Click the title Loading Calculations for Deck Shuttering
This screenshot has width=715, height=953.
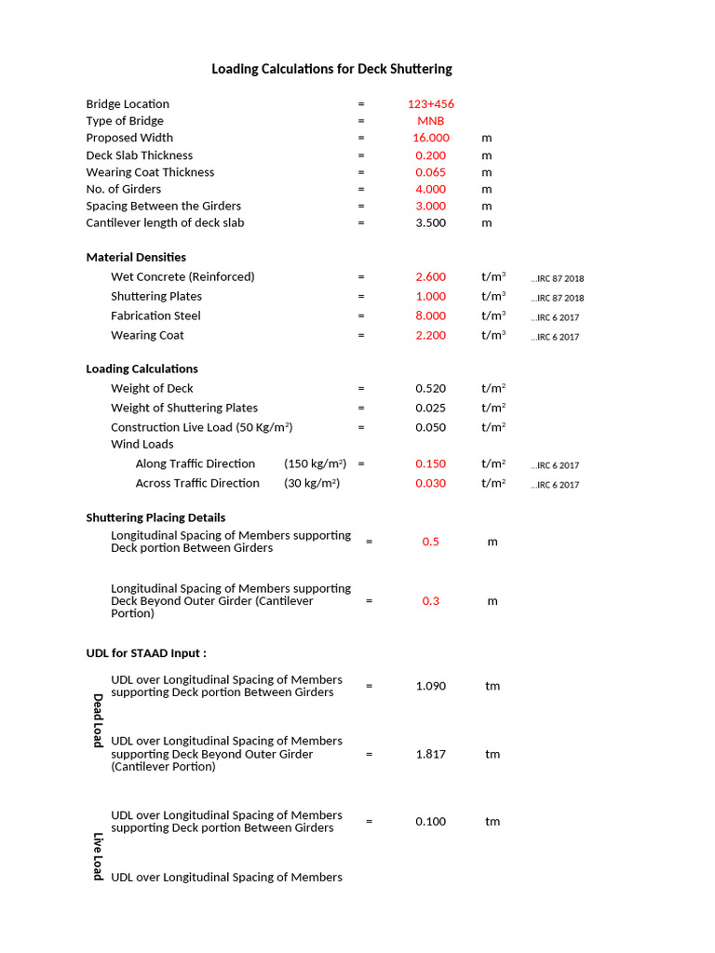coord(331,69)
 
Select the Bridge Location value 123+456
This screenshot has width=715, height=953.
coord(431,104)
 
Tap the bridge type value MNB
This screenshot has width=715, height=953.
coord(431,121)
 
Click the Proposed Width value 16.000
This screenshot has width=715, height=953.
coord(431,138)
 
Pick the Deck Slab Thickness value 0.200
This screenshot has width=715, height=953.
coord(431,155)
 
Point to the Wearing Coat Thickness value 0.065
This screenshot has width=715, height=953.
coord(431,172)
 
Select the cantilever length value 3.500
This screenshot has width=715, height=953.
coord(431,223)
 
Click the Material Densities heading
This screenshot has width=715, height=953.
coord(136,257)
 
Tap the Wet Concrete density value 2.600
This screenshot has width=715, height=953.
coord(431,276)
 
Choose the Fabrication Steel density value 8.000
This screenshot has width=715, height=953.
coord(431,315)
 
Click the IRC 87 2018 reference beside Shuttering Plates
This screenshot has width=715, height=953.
coord(558,298)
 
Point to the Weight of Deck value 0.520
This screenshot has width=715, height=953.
coord(431,388)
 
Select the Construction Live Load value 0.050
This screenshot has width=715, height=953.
coord(431,427)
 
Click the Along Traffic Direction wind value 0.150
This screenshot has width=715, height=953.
coord(431,463)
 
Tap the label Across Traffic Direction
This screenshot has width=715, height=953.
coord(197,483)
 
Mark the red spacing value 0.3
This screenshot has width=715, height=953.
coord(431,601)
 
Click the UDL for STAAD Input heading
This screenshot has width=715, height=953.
coord(146,653)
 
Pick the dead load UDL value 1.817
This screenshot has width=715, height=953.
coord(431,754)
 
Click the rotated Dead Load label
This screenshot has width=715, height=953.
coord(98,719)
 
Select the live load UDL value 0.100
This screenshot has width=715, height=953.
coord(431,821)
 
